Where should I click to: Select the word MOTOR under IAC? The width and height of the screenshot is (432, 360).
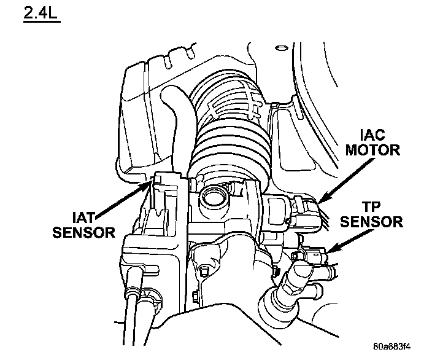pos(372,149)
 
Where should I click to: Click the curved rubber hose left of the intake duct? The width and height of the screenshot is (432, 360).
pos(175,117)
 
